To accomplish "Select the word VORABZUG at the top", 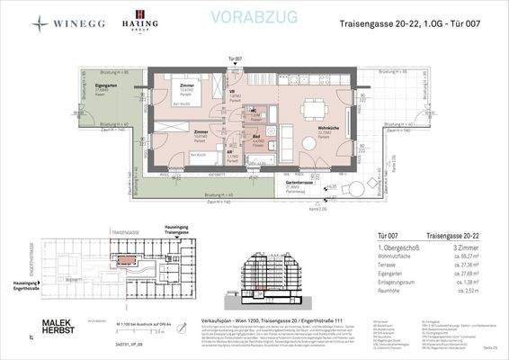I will coord(232,17).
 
